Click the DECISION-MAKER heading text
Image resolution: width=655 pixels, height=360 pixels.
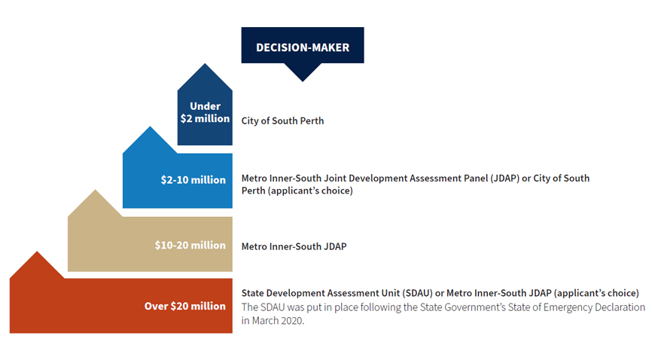coord(303,47)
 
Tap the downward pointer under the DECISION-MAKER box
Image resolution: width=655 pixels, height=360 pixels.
coord(303,72)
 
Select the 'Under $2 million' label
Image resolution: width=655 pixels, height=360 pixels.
coord(205,112)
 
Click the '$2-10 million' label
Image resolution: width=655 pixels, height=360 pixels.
coord(193,180)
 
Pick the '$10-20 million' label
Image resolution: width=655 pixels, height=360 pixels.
coord(190,245)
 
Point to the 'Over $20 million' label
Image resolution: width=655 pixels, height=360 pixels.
coord(185,306)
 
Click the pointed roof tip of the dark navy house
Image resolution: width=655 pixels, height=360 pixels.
coord(205,64)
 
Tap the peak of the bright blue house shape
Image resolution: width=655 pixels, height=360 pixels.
coord(150,127)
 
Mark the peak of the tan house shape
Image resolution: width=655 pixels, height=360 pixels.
coord(96,191)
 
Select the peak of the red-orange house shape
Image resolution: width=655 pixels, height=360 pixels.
coord(37,252)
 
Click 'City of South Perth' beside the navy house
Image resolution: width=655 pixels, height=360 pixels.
coord(282,121)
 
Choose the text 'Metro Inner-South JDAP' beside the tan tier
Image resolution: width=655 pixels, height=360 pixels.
coord(294,247)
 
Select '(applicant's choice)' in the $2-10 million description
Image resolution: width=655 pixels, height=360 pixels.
coord(310,191)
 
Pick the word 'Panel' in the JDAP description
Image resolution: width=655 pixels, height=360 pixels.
coord(476,178)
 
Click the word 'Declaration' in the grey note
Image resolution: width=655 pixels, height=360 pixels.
coord(620,307)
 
